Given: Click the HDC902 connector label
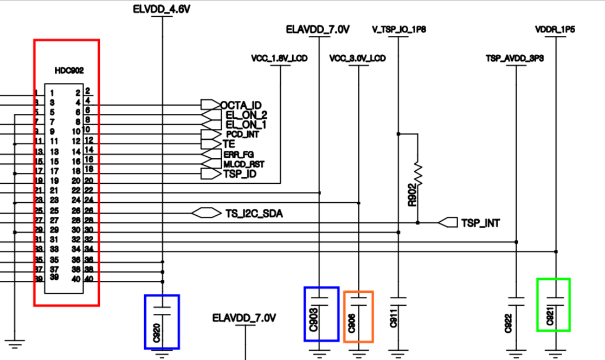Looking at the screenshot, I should tap(69, 70).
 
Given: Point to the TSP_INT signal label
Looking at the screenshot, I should tap(480, 223).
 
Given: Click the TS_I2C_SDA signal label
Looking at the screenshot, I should tap(254, 214).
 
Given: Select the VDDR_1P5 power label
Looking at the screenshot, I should tap(555, 29).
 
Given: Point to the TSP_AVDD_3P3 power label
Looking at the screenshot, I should tap(514, 58).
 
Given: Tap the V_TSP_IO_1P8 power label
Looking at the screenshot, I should tap(399, 29).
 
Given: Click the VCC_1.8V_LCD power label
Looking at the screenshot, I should tap(280, 58).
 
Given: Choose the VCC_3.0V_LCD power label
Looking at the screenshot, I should tap(358, 58).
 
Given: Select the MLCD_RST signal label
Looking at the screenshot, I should tap(244, 164).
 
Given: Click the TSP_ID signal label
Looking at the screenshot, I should tap(240, 174).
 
